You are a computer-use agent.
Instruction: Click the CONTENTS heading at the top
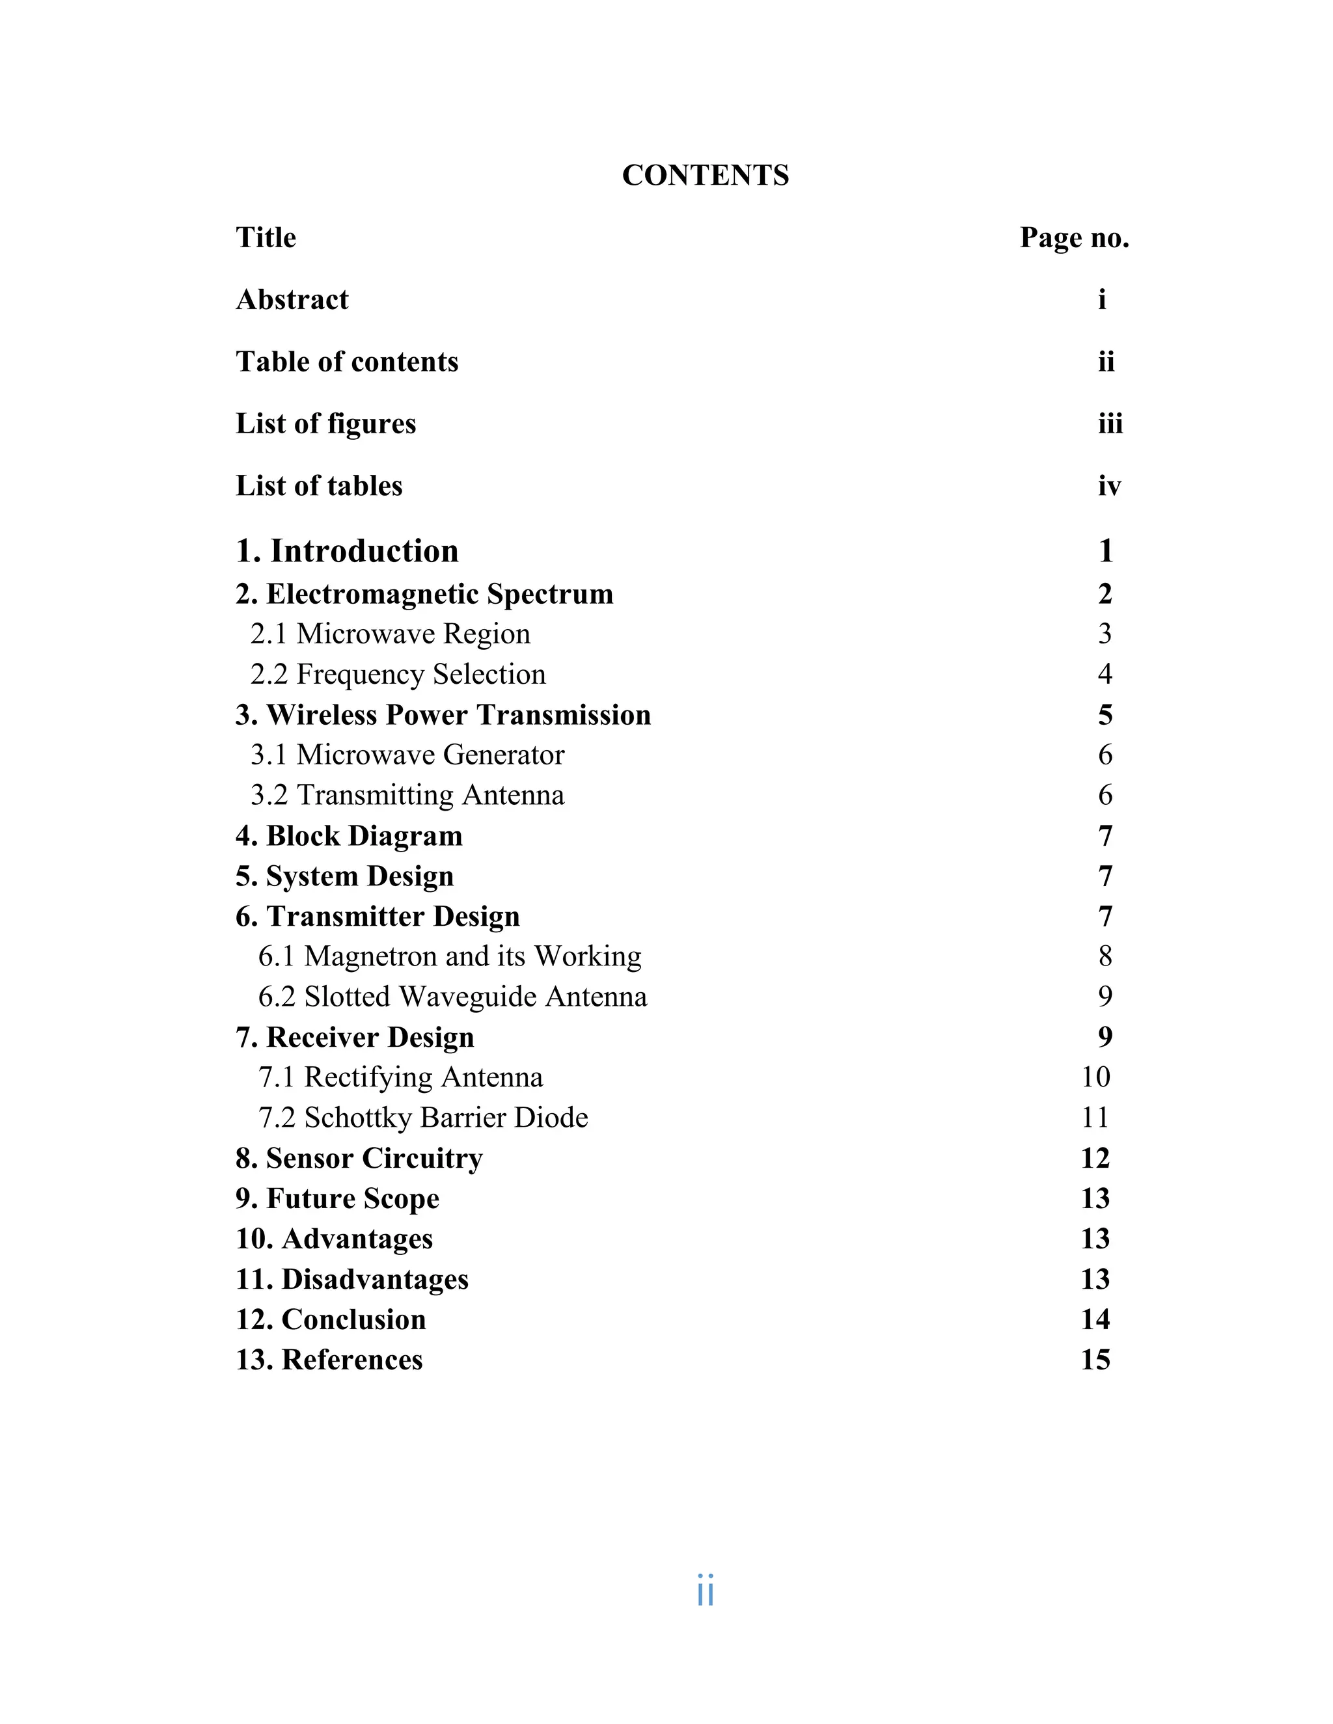tap(705, 175)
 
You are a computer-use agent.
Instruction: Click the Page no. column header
tap(1074, 237)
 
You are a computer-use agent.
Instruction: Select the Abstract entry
tap(292, 300)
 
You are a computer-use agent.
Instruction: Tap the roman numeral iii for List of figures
tap(1110, 424)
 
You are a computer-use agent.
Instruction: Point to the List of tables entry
tap(319, 485)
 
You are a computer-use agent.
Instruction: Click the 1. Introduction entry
tap(347, 551)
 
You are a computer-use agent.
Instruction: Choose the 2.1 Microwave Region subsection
tap(390, 634)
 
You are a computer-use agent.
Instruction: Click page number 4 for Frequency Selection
tap(1105, 674)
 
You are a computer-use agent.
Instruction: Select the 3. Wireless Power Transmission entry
tap(443, 715)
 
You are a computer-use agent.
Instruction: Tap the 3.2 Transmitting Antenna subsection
tap(407, 795)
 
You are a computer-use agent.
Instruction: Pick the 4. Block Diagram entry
tap(349, 836)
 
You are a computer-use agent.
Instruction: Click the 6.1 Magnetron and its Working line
tap(449, 956)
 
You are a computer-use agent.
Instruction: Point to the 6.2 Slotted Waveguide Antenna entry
tap(452, 997)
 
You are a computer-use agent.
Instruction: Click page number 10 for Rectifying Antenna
tap(1095, 1077)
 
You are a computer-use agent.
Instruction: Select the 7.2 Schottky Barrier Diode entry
tap(423, 1118)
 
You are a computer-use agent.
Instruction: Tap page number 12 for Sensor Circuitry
tap(1095, 1158)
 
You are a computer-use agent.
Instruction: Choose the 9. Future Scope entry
tap(337, 1198)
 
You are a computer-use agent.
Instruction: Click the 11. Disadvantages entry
tap(352, 1279)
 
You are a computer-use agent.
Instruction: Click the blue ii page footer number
tap(705, 1591)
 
